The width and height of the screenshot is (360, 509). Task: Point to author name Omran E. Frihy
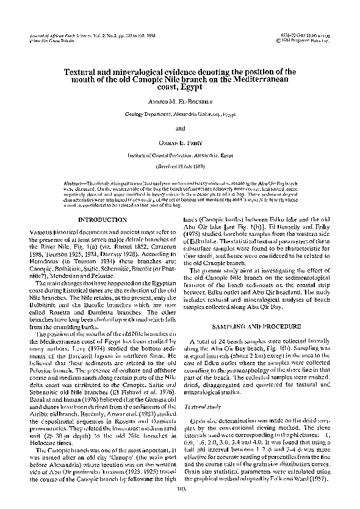(x=180, y=144)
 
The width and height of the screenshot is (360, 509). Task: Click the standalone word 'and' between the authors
(x=180, y=129)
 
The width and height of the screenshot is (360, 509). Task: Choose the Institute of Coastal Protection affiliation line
(x=180, y=156)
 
